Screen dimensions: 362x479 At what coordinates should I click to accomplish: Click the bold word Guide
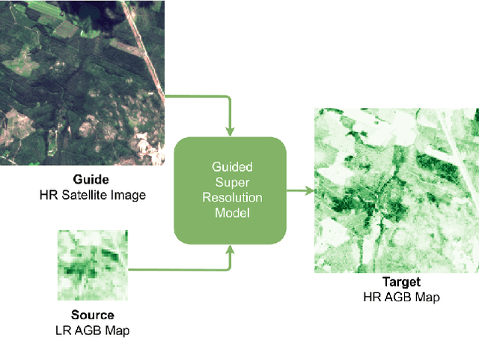(91, 180)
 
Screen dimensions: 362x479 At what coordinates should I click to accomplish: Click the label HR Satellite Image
(93, 195)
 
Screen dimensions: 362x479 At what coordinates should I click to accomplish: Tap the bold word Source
(93, 315)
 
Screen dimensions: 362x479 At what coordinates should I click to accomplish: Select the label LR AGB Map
(93, 329)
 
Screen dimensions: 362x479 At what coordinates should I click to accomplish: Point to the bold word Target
(401, 283)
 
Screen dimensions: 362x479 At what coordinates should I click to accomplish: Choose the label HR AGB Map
(401, 297)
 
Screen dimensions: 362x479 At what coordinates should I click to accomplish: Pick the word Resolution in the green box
(231, 198)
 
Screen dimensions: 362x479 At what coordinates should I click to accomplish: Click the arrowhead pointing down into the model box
(231, 133)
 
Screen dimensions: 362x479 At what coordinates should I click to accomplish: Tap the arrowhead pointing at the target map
(308, 190)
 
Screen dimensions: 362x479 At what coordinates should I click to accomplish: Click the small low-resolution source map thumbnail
(93, 265)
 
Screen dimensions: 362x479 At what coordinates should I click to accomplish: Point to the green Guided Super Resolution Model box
(231, 190)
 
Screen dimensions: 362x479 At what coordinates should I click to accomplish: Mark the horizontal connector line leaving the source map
(180, 268)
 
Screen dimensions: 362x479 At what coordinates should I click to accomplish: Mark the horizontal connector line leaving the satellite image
(195, 97)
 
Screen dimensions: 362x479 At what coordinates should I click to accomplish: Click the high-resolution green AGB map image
(396, 190)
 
